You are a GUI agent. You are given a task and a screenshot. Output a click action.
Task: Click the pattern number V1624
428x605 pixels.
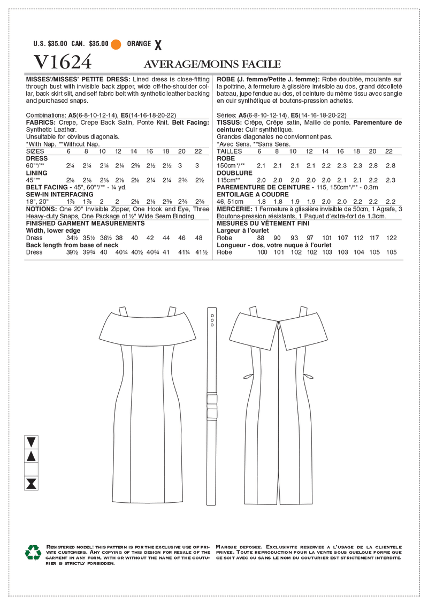63,62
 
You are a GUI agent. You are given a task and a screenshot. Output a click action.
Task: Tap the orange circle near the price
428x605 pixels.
116,44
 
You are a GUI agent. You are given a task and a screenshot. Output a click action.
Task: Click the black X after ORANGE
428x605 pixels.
157,44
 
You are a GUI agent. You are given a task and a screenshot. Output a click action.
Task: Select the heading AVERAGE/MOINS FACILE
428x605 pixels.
213,64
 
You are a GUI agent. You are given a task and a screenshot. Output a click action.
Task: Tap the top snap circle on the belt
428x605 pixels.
212,316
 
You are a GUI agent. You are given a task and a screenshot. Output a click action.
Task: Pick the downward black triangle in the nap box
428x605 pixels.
32,442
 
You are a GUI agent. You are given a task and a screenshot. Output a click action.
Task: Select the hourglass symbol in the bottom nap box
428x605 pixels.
32,484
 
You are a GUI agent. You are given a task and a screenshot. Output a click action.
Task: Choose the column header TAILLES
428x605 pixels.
230,151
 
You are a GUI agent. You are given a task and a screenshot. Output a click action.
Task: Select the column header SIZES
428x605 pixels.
36,151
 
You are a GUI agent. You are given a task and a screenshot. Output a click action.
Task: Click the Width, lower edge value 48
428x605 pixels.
199,238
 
